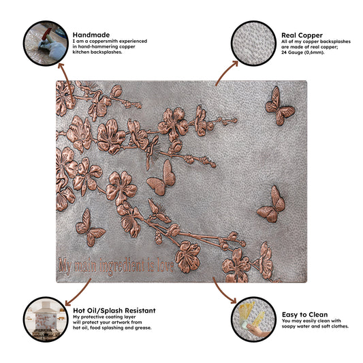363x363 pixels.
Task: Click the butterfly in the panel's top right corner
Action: pos(280,106)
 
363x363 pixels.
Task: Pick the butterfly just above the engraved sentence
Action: pos(89,227)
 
